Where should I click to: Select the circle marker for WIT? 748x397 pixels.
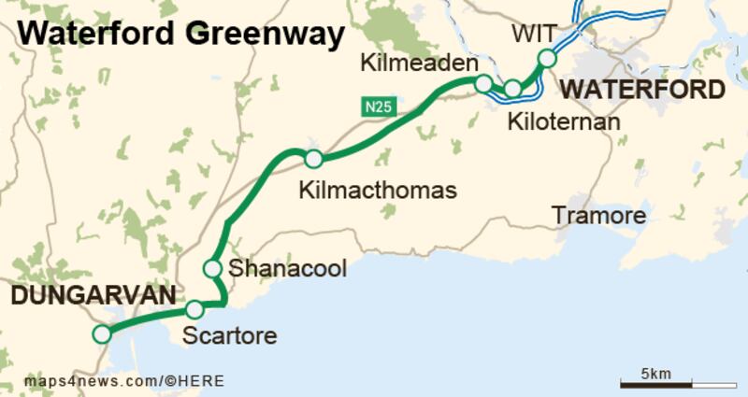pos(547,59)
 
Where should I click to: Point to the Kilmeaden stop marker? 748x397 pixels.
pos(483,84)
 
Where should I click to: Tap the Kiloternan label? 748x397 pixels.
pos(564,122)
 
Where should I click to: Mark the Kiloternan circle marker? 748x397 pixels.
pos(513,89)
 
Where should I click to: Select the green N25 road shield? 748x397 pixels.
pos(376,106)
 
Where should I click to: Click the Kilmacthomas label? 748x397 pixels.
pos(377,190)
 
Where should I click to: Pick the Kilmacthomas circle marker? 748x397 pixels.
pos(313,159)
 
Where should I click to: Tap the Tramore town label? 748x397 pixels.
pos(599,217)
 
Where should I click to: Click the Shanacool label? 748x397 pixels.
pos(287,269)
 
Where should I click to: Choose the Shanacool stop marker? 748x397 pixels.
pos(212,269)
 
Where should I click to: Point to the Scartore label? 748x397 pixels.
pos(230,334)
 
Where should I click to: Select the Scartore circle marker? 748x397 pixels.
pos(194,309)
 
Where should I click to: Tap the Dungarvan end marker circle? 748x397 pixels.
pos(101,333)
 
